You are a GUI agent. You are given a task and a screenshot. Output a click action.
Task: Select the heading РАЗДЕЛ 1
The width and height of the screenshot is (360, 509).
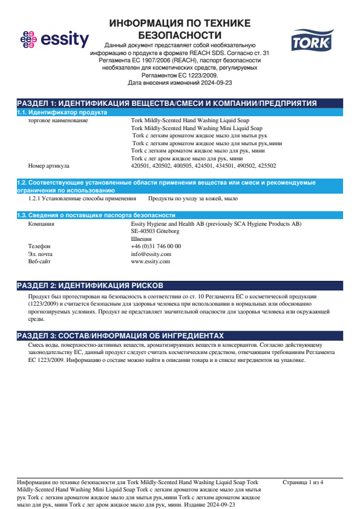tap(166, 103)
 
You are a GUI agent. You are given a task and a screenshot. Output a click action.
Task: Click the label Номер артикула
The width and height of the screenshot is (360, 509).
tap(49, 165)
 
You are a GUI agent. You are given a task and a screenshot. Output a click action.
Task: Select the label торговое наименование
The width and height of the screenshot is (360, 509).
tap(58, 120)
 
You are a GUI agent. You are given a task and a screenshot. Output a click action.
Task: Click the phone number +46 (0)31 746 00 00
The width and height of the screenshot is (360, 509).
tap(155, 246)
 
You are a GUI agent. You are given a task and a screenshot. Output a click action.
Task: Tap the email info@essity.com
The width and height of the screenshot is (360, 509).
tap(151, 254)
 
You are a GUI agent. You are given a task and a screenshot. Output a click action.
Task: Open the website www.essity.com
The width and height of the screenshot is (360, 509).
tap(150, 261)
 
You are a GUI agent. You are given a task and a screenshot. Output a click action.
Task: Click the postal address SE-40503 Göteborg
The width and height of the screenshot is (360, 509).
tap(155, 231)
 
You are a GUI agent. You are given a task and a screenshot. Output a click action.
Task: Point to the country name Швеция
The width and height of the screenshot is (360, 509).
tap(142, 239)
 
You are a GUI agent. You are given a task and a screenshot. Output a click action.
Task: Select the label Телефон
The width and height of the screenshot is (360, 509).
tap(40, 246)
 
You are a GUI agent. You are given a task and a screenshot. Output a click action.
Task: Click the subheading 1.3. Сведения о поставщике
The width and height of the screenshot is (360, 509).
tap(96, 215)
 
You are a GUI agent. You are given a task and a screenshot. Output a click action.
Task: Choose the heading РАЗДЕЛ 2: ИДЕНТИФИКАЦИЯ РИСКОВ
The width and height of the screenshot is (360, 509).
tap(90, 285)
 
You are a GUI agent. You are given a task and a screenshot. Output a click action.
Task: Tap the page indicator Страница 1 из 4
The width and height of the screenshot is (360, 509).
tap(303, 482)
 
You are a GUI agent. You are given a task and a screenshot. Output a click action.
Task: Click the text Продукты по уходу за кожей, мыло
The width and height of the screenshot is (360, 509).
tap(193, 199)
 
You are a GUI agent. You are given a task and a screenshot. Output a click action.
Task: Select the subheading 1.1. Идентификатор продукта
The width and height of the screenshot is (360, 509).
tap(62, 113)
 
